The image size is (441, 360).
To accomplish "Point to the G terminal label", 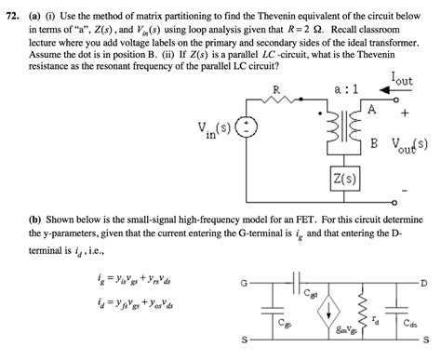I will pyautogui.click(x=245, y=283).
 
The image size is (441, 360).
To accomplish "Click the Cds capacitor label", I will pyautogui.click(x=410, y=325).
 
